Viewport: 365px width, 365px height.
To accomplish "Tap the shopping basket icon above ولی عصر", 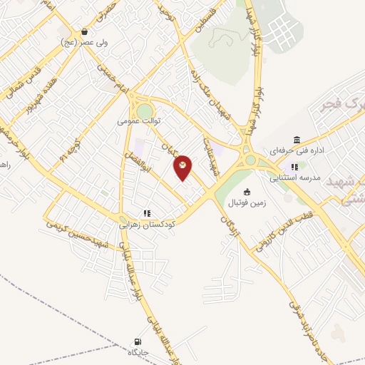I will (85, 31).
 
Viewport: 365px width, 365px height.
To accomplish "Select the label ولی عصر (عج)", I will (79, 41).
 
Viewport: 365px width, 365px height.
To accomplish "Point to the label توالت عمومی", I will (138, 121).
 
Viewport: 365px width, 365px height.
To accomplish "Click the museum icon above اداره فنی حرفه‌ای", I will (297, 140).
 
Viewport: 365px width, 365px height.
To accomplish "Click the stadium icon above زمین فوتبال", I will (247, 192).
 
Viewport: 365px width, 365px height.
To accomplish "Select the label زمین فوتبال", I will (247, 202).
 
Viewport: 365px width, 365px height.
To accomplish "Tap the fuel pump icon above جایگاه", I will (137, 342).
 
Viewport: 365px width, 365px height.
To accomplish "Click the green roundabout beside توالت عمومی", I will (145, 110).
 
